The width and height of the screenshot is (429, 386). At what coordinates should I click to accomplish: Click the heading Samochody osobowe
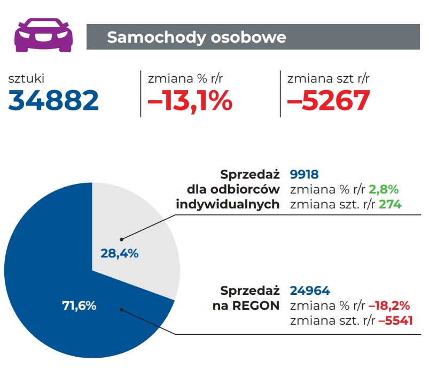[197, 37]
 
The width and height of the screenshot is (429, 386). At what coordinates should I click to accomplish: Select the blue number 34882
[54, 100]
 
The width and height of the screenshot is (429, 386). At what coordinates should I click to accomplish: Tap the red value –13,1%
[190, 100]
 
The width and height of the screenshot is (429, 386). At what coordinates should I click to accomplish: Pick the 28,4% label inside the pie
[120, 254]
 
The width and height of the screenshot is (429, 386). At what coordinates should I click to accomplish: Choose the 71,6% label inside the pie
[78, 305]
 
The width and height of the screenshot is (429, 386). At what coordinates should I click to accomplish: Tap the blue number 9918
[304, 174]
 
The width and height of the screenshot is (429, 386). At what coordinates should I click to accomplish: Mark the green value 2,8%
[384, 189]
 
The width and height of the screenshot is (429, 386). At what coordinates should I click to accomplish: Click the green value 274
[390, 204]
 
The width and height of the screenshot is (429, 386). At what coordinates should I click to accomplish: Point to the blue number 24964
[310, 291]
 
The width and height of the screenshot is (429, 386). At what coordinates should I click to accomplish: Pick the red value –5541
[396, 320]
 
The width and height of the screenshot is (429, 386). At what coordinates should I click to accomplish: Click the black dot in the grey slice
[121, 239]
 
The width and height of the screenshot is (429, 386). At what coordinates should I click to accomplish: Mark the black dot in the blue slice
[121, 309]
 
